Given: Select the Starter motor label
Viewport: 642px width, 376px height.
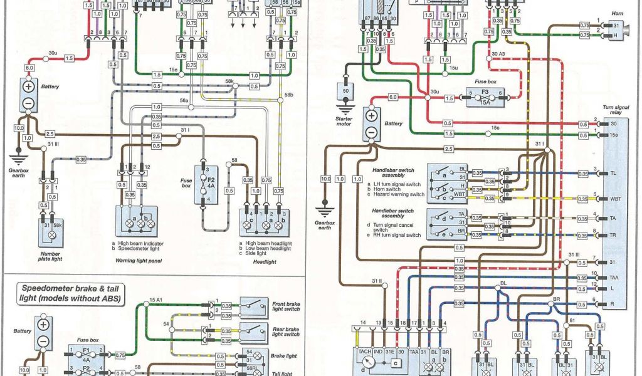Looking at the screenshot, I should click(x=344, y=120).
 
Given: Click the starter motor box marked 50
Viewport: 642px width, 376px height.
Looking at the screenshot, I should click(x=344, y=91).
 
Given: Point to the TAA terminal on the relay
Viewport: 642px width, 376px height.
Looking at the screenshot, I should click(x=614, y=276).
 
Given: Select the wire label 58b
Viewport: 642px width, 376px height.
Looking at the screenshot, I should click(x=288, y=95).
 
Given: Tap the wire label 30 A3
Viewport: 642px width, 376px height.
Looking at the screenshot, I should click(x=498, y=54).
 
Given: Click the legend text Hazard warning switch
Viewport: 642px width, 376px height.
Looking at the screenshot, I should click(x=399, y=194).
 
